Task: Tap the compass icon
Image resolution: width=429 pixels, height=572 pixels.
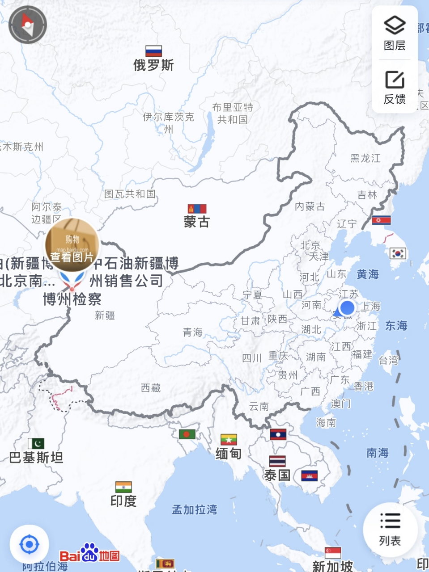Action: [28, 25]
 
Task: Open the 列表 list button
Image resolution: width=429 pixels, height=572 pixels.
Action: [390, 530]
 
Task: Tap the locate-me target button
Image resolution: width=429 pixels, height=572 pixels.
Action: [30, 544]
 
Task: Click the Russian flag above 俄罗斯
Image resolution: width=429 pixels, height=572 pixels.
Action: [153, 51]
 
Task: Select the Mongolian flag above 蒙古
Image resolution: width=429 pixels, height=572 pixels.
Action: [197, 209]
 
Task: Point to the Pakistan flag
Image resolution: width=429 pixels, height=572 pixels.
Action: [36, 443]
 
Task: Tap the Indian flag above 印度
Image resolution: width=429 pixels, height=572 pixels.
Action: [123, 487]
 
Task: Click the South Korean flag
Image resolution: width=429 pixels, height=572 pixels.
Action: [398, 253]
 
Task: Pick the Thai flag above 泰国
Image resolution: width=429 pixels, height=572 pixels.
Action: [277, 461]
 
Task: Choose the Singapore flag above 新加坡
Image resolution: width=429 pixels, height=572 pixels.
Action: [333, 553]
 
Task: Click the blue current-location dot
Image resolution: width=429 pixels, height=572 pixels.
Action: [347, 308]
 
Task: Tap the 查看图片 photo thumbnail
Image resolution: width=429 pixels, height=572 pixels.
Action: [72, 245]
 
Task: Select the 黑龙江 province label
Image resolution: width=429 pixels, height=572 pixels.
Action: [365, 158]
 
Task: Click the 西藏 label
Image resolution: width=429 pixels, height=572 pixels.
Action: [151, 388]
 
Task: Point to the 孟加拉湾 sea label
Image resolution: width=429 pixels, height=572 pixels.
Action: [195, 509]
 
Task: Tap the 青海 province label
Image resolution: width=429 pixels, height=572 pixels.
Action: [193, 332]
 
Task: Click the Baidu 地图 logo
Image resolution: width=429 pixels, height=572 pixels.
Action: [89, 554]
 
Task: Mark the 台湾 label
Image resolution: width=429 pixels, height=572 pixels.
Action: [388, 360]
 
